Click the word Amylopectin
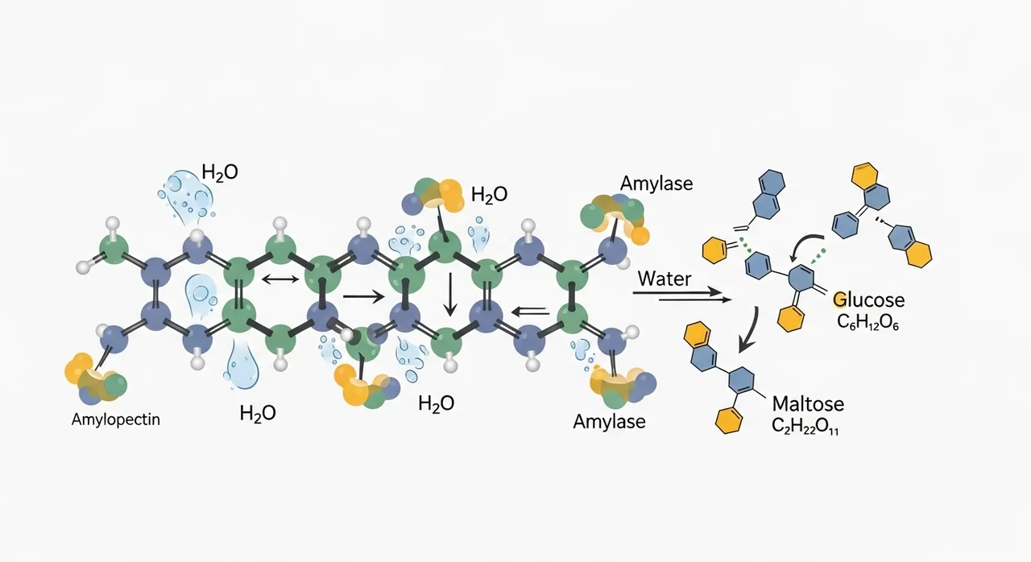[115, 419]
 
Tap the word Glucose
[869, 300]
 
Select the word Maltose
[808, 404]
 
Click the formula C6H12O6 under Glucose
[867, 323]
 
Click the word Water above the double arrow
[665, 279]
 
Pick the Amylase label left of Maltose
[609, 421]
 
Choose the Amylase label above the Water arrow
[656, 184]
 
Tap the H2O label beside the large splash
[220, 172]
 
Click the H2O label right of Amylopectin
[258, 413]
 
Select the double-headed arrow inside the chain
[280, 279]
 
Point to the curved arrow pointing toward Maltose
[749, 331]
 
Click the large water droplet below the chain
[241, 366]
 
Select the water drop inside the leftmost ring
[201, 295]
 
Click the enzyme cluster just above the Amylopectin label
[95, 378]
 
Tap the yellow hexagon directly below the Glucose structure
[791, 318]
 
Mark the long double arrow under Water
[681, 296]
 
